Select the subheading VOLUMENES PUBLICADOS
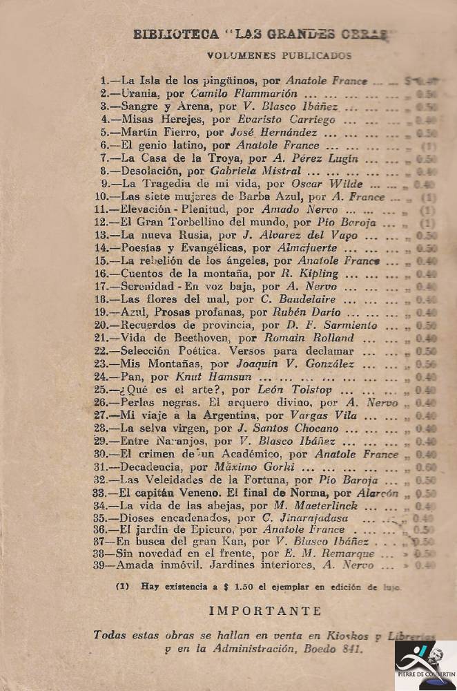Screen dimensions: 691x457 coord(279,56)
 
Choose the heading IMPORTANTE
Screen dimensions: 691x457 coord(265,611)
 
